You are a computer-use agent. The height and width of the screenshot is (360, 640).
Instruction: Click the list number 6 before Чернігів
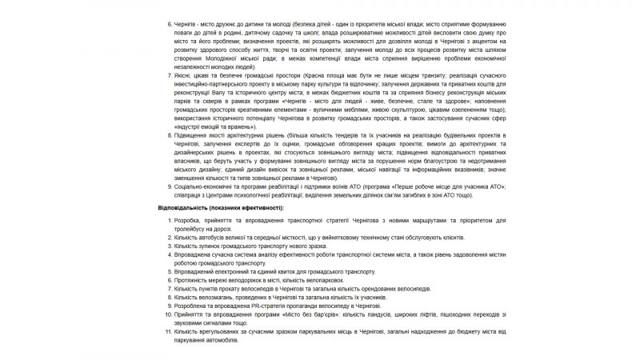tap(170, 25)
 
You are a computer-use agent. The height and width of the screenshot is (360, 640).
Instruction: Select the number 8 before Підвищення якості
tap(170, 134)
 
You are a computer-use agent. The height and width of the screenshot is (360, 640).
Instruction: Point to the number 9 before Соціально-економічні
tap(170, 186)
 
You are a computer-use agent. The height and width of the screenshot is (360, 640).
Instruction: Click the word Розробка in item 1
tap(188, 220)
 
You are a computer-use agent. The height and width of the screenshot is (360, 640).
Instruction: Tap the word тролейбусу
tap(192, 228)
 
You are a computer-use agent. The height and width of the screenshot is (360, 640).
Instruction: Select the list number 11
tap(168, 331)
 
